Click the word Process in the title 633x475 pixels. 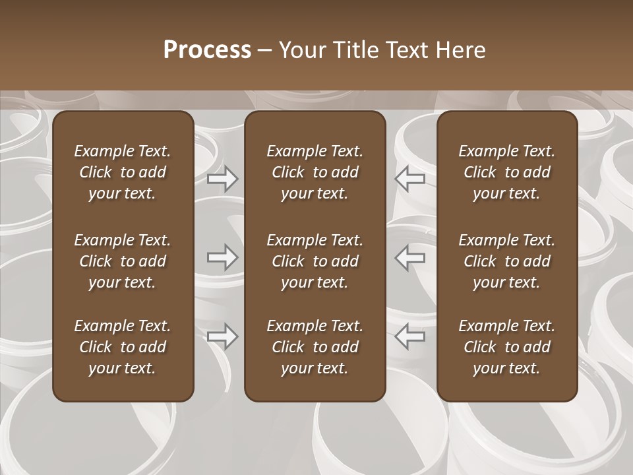pos(207,50)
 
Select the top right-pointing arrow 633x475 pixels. pos(223,179)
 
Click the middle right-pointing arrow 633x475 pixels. pos(223,257)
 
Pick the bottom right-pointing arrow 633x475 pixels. pos(223,336)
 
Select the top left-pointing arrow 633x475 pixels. pos(409,179)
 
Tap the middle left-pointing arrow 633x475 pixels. pos(409,257)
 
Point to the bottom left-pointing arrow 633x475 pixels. pos(409,336)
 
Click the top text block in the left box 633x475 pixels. pos(123,172)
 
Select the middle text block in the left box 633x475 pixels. pos(123,261)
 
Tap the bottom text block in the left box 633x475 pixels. pos(123,347)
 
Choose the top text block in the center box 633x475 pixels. pos(315,172)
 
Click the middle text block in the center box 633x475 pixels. pos(315,261)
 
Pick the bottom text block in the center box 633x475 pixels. pos(315,347)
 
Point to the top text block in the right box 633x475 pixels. pos(506,172)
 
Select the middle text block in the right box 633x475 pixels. pos(506,261)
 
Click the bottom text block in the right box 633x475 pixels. pos(506,347)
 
